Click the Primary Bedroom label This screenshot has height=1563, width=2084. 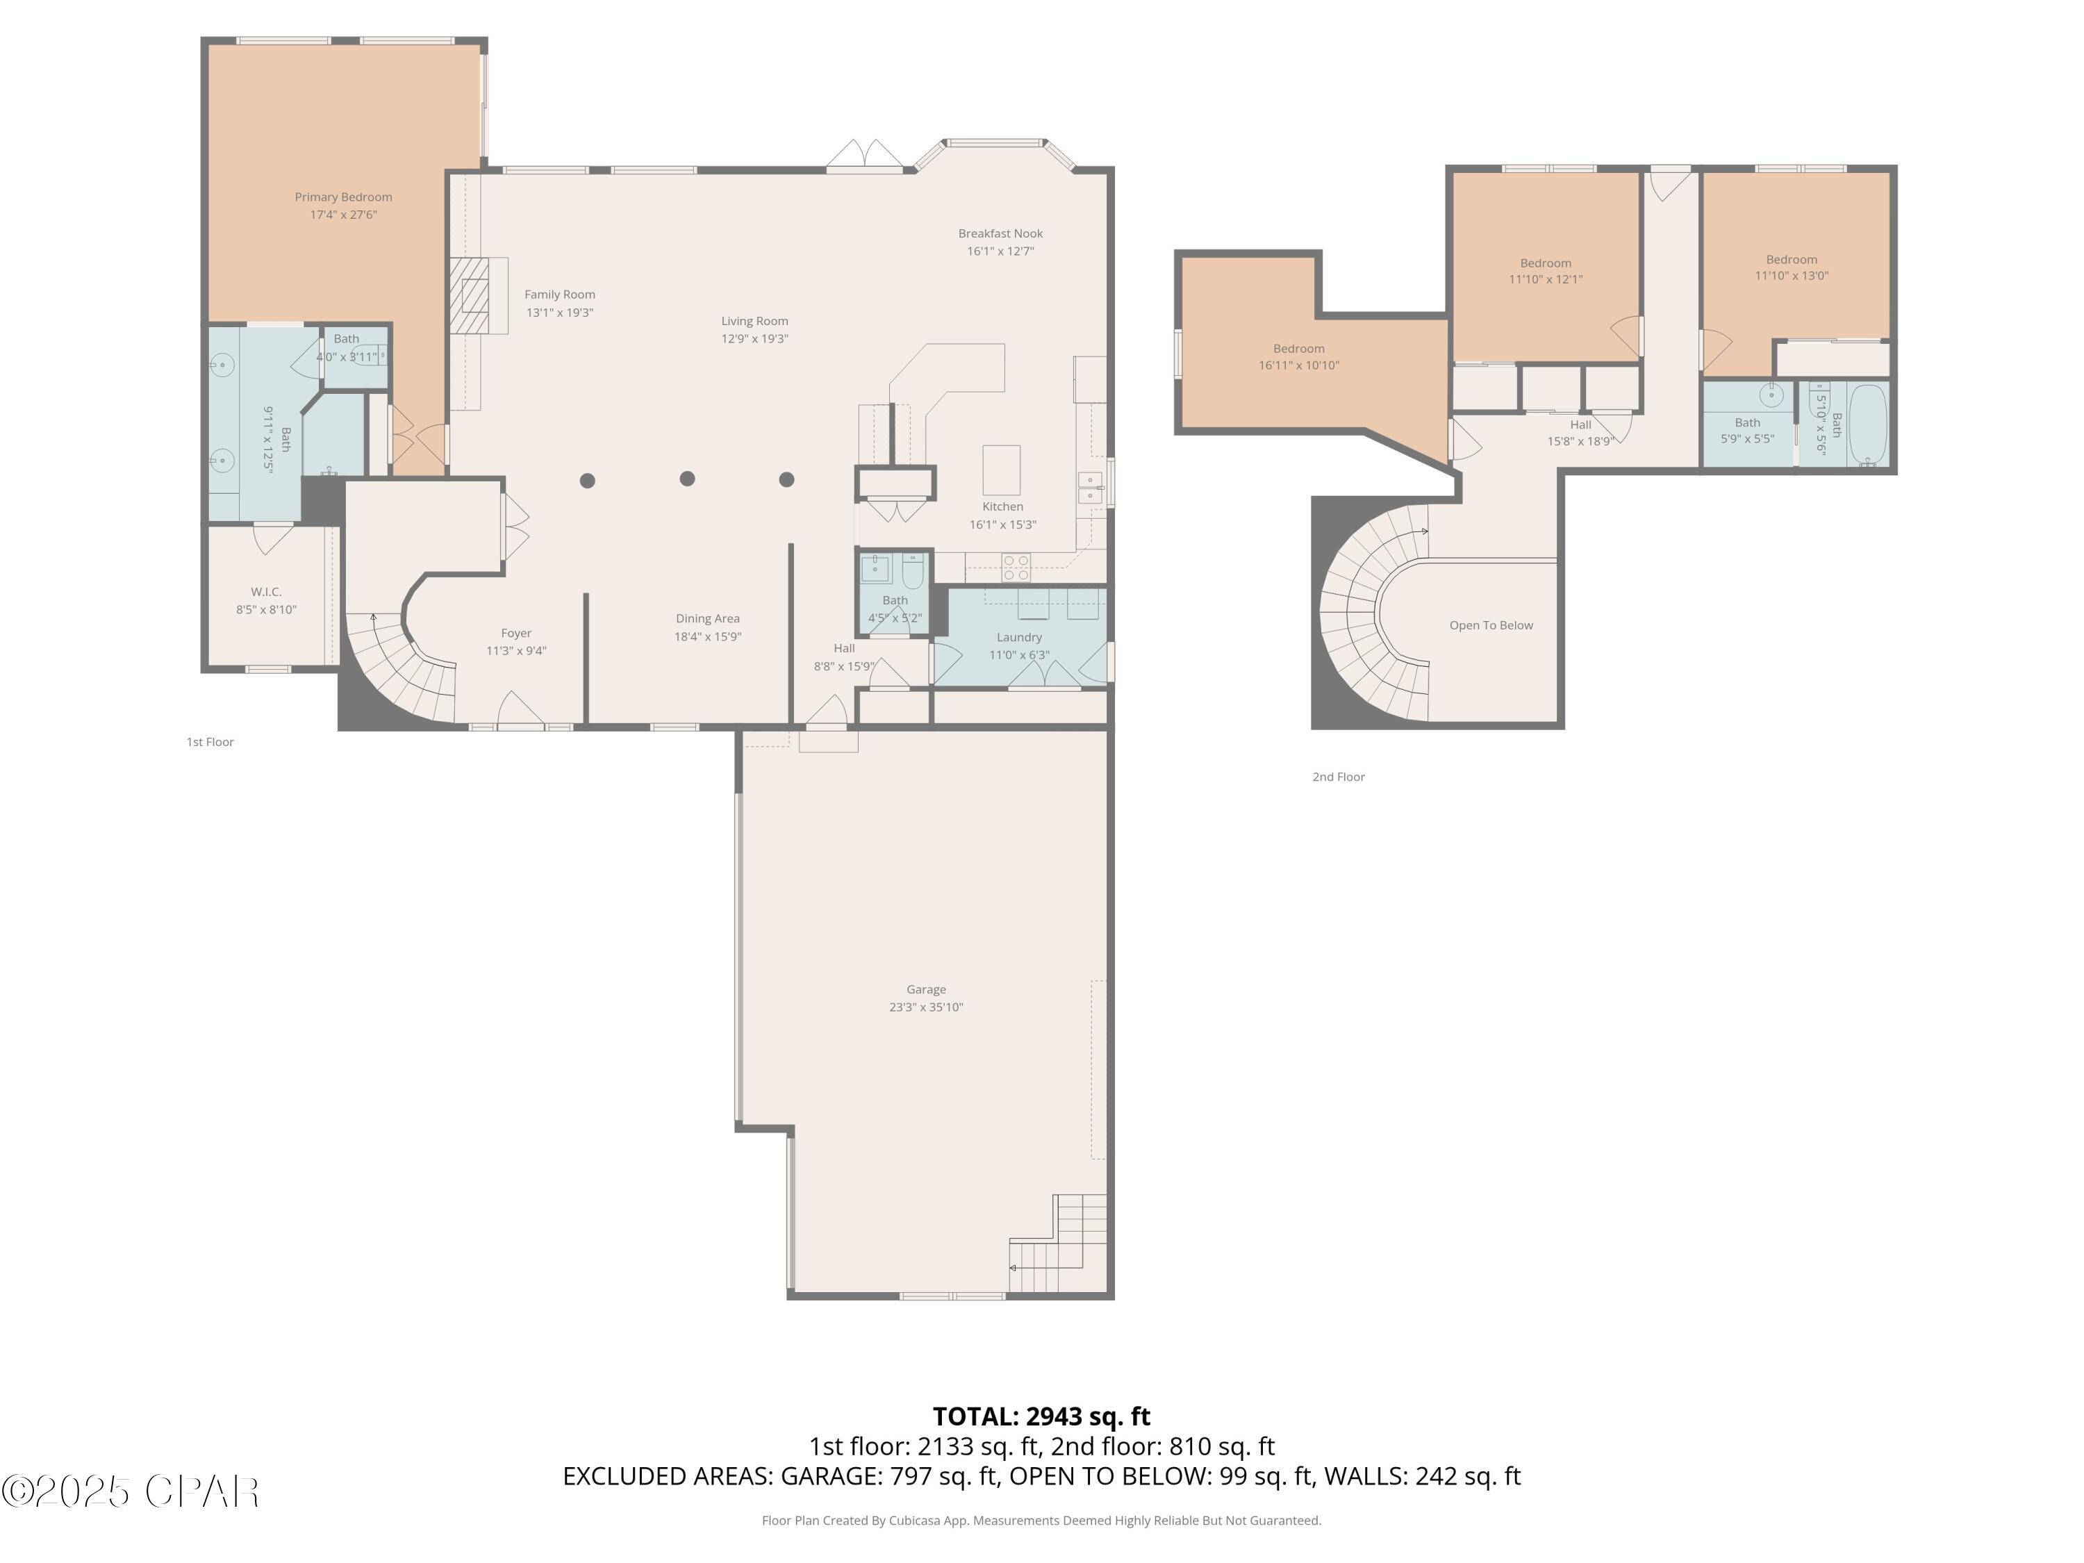(343, 197)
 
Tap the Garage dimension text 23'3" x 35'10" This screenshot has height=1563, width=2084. (925, 1007)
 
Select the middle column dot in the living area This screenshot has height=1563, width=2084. (687, 479)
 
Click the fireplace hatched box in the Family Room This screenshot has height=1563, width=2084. (468, 296)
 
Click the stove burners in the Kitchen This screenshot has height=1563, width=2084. (1016, 566)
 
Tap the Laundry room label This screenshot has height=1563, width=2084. (1018, 638)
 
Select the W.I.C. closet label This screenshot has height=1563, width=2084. (265, 592)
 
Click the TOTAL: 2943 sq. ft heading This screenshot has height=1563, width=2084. (1041, 1416)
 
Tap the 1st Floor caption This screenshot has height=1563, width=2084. (210, 743)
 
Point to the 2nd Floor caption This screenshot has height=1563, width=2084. (1338, 777)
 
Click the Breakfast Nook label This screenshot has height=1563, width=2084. (1000, 233)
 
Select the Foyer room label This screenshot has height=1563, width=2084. (515, 633)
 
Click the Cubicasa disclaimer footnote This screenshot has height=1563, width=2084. (1041, 1520)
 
